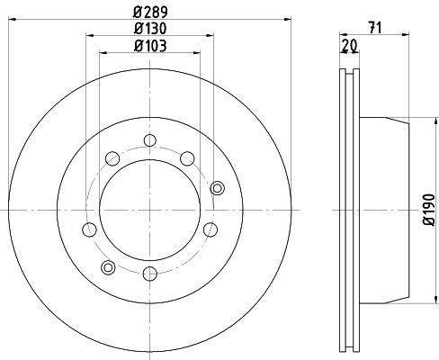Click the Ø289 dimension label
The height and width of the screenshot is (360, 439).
[150, 12]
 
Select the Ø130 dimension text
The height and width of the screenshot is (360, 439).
[150, 29]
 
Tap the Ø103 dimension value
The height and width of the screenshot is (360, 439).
[150, 46]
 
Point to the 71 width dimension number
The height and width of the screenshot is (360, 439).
[375, 28]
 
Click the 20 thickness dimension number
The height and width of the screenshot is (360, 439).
[350, 45]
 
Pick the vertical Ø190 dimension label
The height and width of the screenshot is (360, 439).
[429, 210]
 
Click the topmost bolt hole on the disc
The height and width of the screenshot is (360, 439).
[149, 140]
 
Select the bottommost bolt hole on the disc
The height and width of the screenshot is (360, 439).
[149, 274]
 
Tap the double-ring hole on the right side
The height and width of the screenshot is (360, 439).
[217, 188]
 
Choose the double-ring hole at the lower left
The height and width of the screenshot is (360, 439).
[108, 267]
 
